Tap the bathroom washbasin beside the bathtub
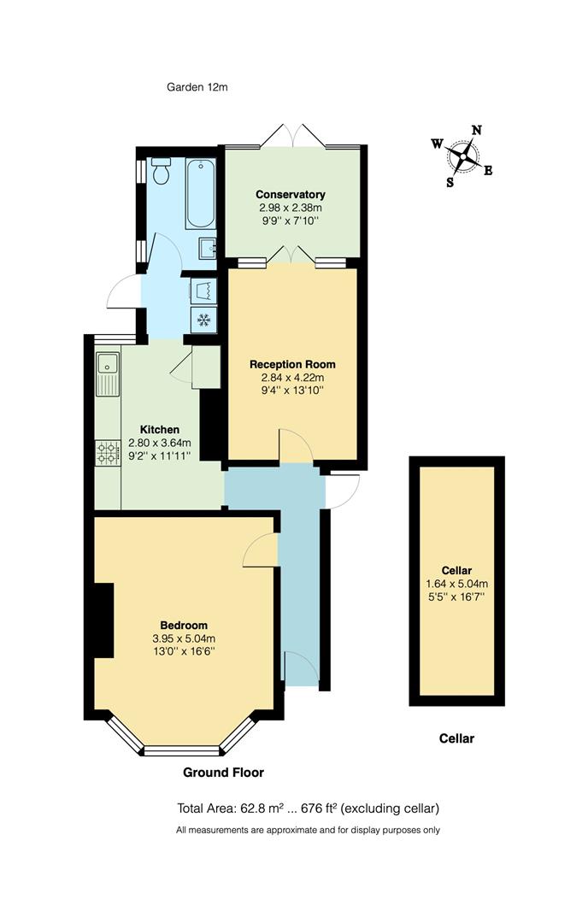tap(205, 249)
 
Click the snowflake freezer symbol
tap(203, 320)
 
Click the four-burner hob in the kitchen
tap(108, 452)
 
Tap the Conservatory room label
tap(291, 195)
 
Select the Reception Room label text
tap(286, 363)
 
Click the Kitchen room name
tap(160, 430)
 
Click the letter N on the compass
tap(477, 131)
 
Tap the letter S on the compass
tap(450, 181)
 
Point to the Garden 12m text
tap(197, 87)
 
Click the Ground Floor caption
tap(224, 773)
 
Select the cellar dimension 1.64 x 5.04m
tap(456, 584)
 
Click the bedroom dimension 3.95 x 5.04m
tap(184, 638)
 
